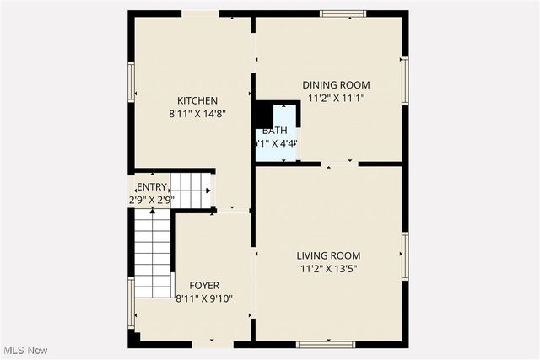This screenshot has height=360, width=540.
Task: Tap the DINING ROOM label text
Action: click(x=337, y=85)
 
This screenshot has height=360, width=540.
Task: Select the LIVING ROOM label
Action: click(x=328, y=256)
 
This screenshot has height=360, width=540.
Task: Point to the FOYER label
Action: click(x=203, y=286)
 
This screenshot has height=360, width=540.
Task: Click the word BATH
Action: click(x=274, y=131)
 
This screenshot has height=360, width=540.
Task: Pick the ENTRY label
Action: click(x=152, y=187)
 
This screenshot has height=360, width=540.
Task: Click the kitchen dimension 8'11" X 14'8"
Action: click(x=197, y=113)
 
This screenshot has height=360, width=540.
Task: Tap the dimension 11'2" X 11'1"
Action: click(x=337, y=98)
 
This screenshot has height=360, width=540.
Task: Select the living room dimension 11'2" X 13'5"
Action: click(x=328, y=269)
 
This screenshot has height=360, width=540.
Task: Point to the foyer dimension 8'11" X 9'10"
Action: click(x=204, y=298)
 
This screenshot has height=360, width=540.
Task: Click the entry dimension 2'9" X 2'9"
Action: click(x=152, y=200)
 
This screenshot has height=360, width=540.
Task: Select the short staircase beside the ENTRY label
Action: click(x=191, y=190)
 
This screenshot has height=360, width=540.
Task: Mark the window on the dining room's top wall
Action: click(x=343, y=13)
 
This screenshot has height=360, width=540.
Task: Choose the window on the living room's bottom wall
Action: click(x=321, y=344)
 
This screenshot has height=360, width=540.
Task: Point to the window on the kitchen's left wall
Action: click(x=132, y=84)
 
